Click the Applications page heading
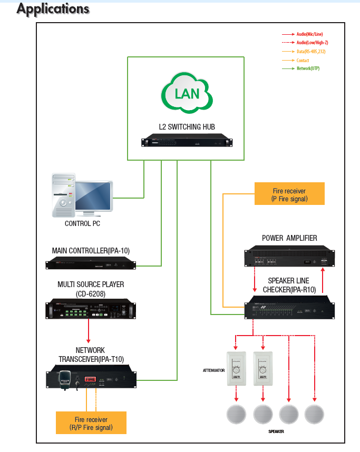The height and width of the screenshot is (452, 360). coord(53,9)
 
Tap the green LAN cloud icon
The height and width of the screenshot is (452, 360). coord(186,93)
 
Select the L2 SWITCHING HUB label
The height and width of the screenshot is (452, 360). coord(187,126)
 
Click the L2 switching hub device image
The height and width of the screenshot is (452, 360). coord(187,142)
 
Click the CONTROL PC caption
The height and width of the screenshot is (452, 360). coord(82,223)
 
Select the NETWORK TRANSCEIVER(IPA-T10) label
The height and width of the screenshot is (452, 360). coord(90,355)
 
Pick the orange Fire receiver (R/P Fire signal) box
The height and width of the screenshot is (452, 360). coord(91,422)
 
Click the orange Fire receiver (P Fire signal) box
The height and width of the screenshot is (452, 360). coord(289,194)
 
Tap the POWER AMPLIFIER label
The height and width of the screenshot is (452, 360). coord(289,238)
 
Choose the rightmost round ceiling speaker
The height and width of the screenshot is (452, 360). coord(314,414)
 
